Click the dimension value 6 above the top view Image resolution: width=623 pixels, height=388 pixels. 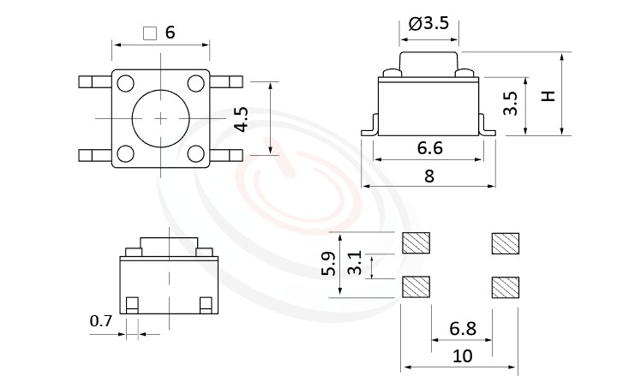point(170,33)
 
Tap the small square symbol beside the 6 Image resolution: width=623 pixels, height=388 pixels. point(150,33)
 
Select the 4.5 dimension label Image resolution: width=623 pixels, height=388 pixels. point(243,118)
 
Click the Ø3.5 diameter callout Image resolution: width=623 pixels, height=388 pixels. point(429,23)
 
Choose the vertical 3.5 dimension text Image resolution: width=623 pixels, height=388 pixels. point(511,104)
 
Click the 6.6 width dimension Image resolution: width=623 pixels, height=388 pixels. point(429,148)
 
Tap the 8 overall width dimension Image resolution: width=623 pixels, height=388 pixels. point(429,176)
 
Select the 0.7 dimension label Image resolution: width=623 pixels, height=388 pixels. point(101,321)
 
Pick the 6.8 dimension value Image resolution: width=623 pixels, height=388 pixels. point(463,329)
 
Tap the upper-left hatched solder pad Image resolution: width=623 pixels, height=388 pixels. point(416,243)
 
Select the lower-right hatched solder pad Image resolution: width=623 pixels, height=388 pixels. point(505,286)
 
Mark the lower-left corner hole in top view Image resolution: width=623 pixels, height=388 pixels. point(126,154)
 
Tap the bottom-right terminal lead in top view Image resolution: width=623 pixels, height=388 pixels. point(228,155)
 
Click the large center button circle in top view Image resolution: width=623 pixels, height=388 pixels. point(160,117)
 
